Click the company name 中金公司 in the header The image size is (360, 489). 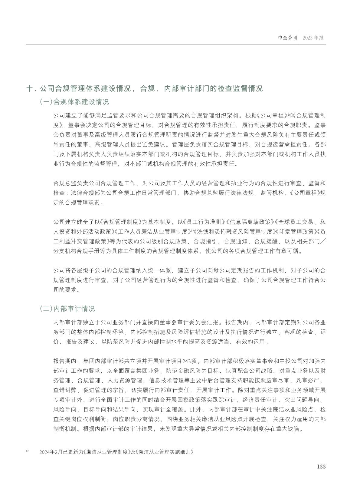pos(288,38)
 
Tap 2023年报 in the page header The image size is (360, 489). pos(313,38)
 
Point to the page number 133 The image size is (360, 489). pos(321,467)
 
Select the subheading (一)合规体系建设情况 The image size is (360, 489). pos(74,102)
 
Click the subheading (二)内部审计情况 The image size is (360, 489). pos(67,309)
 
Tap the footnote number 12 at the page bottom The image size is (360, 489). pos(27,451)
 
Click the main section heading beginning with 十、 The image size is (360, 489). pos(145,88)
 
